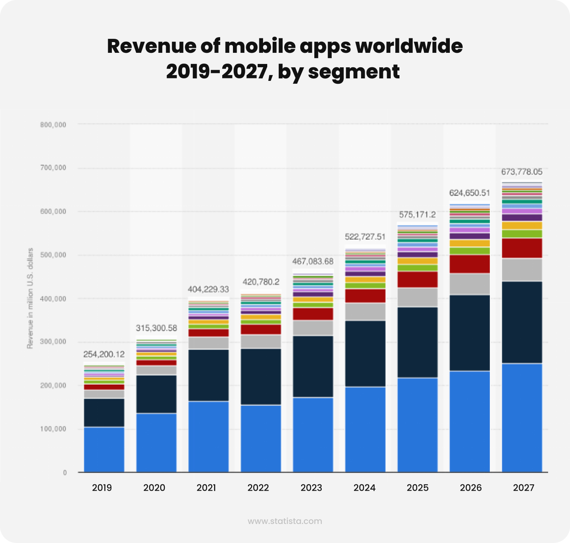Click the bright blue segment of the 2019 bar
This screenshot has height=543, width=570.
click(x=104, y=449)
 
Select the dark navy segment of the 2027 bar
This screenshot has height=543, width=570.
click(x=522, y=322)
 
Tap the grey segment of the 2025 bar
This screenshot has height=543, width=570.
click(x=418, y=297)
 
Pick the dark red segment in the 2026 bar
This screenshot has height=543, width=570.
click(x=470, y=264)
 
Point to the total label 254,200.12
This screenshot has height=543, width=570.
click(x=104, y=354)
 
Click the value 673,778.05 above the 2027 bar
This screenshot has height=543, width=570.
click(x=522, y=172)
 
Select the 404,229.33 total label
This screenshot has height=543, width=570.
click(x=208, y=289)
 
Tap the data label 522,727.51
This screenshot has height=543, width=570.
click(x=365, y=237)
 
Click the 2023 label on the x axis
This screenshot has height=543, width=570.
click(x=311, y=488)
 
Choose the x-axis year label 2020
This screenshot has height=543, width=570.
click(x=154, y=488)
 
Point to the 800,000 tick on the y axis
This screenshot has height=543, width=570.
click(x=54, y=124)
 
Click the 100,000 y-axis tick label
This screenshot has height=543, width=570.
click(x=54, y=429)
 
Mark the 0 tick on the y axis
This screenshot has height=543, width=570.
click(x=65, y=473)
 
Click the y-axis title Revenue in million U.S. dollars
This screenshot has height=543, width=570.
click(x=30, y=298)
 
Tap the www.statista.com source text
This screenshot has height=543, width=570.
click(x=285, y=521)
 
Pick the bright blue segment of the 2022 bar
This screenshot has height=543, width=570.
click(x=261, y=439)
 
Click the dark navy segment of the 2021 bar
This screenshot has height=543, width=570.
click(x=209, y=375)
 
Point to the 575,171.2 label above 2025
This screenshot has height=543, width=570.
click(x=417, y=215)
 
